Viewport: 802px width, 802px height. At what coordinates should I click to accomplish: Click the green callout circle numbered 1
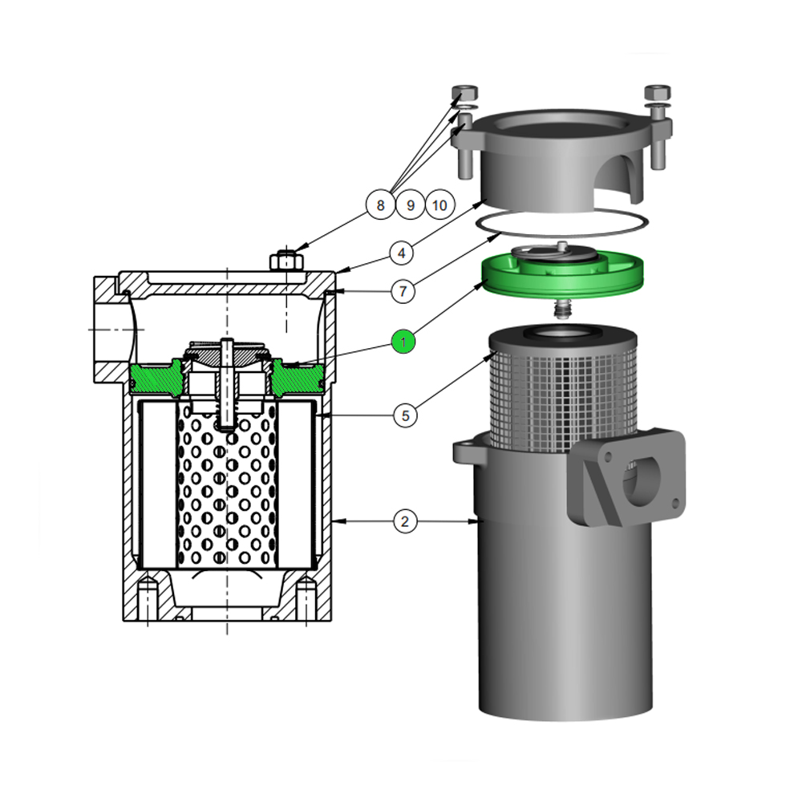pos(403,342)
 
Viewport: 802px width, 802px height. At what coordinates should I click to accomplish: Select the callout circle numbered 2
pos(405,522)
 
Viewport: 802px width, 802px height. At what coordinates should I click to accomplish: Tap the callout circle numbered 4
pos(402,253)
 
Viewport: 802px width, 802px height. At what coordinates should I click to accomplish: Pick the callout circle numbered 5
pos(405,415)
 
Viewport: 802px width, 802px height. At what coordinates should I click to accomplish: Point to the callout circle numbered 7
pos(403,291)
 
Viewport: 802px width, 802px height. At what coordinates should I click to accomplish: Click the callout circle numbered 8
pos(380,205)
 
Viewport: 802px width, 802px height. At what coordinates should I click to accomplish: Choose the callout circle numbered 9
pos(410,205)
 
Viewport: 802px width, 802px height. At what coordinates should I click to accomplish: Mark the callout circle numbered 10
pos(439,205)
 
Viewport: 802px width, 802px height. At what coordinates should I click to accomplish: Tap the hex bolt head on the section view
pos(286,261)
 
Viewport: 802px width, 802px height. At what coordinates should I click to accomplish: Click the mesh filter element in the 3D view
pos(563,399)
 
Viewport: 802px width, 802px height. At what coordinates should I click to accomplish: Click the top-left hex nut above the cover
pos(465,93)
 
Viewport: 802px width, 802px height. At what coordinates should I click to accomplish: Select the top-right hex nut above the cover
pos(658,93)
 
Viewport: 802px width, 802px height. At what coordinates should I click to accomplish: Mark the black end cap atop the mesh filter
pos(563,338)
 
